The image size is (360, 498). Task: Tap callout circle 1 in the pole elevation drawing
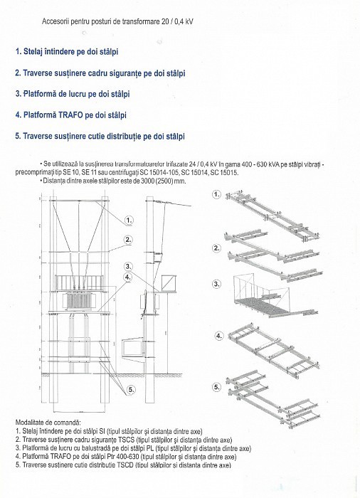coord(129,220)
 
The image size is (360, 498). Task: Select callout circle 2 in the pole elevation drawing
coord(129,240)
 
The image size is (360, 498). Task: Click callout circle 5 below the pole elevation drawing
coord(132,390)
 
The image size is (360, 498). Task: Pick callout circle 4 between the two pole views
coord(129,277)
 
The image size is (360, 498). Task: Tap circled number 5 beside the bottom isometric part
coord(217,388)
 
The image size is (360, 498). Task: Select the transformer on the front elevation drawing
coord(73,295)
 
